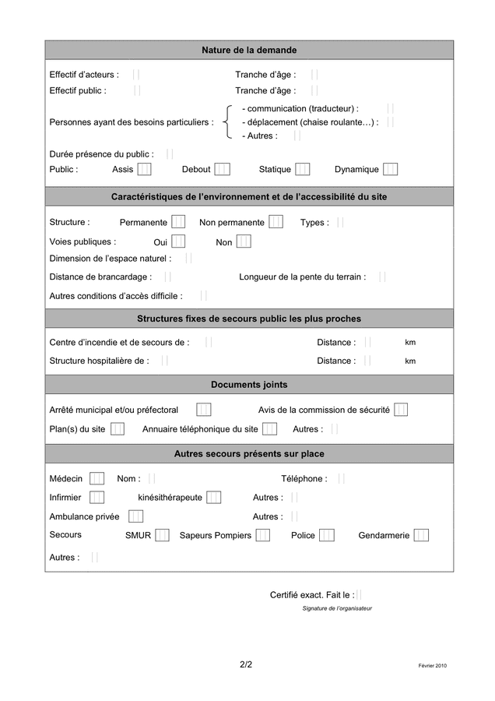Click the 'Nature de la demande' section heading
pyautogui.click(x=249, y=50)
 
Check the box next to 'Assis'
pyautogui.click(x=144, y=169)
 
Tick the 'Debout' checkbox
pyautogui.click(x=222, y=169)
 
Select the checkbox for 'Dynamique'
pyautogui.click(x=390, y=169)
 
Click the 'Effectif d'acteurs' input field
pyautogui.click(x=136, y=75)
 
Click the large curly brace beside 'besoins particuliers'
pyautogui.click(x=226, y=122)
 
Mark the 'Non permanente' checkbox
pyautogui.click(x=276, y=222)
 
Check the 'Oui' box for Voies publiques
pyautogui.click(x=178, y=242)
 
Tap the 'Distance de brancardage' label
pyautogui.click(x=100, y=277)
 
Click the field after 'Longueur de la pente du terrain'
pyautogui.click(x=381, y=277)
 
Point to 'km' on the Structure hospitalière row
pyautogui.click(x=410, y=361)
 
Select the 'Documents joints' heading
pyautogui.click(x=249, y=385)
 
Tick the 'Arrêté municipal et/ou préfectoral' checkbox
pyautogui.click(x=203, y=410)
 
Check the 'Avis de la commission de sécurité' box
pyautogui.click(x=401, y=410)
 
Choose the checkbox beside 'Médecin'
pyautogui.click(x=97, y=478)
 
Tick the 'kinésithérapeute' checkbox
pyautogui.click(x=213, y=497)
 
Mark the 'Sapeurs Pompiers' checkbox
pyautogui.click(x=263, y=535)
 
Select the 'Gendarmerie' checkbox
pyautogui.click(x=421, y=535)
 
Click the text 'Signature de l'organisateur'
pyautogui.click(x=337, y=608)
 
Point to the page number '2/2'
pyautogui.click(x=246, y=664)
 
